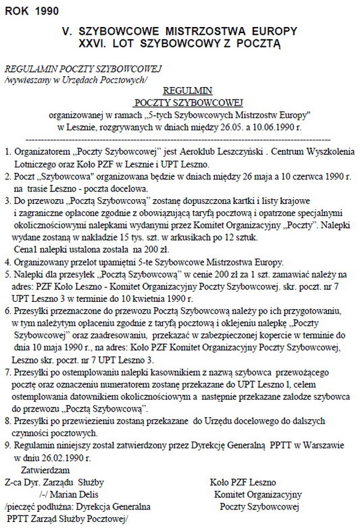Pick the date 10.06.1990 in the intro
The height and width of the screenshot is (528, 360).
[x=268, y=127]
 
